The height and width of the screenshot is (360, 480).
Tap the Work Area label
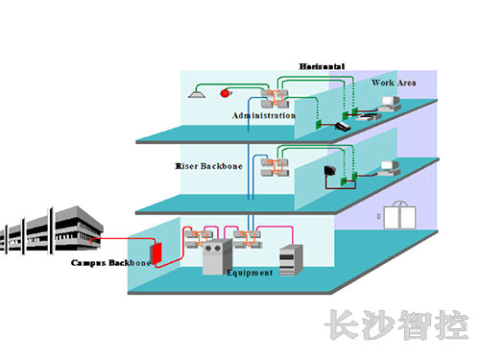click(x=393, y=84)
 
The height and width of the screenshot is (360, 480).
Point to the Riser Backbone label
click(x=209, y=166)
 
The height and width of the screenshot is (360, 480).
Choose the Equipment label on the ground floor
click(x=249, y=273)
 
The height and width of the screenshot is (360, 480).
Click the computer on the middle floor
click(x=390, y=167)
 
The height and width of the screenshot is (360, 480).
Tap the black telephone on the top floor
click(x=343, y=126)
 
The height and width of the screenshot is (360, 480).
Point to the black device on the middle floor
click(x=331, y=173)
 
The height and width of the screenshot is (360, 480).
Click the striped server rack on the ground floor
click(x=292, y=258)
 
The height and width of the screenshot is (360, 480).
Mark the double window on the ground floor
click(x=396, y=215)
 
